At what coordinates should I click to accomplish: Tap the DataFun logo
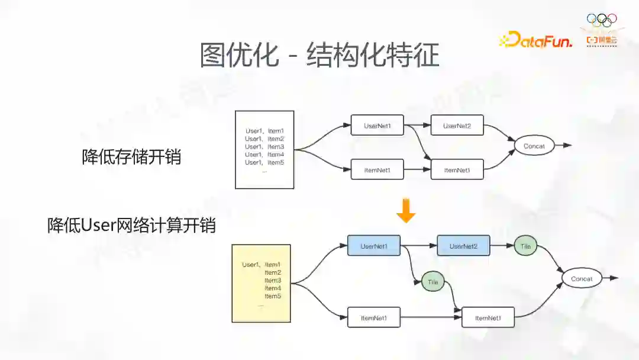(x=536, y=40)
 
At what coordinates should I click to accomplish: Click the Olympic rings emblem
(x=601, y=20)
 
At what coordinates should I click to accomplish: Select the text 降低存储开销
(x=131, y=157)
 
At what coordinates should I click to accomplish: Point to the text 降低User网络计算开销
(x=131, y=226)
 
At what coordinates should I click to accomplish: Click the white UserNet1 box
(x=377, y=126)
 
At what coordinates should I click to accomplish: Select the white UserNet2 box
(x=457, y=126)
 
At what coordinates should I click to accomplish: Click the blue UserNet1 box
(x=373, y=246)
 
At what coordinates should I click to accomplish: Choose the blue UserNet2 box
(x=463, y=246)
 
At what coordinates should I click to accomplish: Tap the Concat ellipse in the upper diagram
(x=534, y=146)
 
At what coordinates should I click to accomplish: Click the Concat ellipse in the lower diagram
(x=582, y=279)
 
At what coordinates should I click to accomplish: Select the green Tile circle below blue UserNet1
(x=433, y=282)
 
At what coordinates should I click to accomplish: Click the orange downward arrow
(x=406, y=212)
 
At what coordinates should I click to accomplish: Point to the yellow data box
(x=261, y=283)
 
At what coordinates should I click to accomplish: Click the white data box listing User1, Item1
(x=264, y=149)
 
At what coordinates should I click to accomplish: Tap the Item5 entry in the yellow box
(x=273, y=296)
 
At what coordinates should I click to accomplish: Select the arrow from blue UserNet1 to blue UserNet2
(x=418, y=246)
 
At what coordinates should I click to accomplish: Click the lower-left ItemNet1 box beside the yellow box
(x=373, y=318)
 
